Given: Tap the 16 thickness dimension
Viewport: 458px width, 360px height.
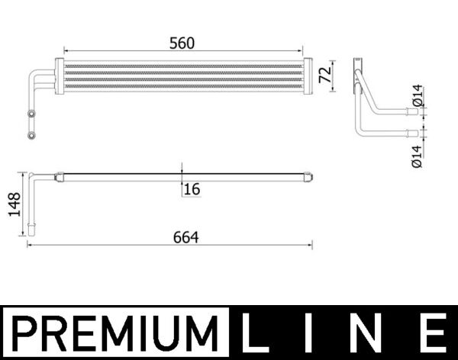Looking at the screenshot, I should tap(192, 188).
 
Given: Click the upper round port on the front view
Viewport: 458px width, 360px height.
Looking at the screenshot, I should tap(31, 114).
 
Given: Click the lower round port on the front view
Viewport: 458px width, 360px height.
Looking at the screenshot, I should tap(31, 136).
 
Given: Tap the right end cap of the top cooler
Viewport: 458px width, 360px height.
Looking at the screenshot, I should tap(309, 76).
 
